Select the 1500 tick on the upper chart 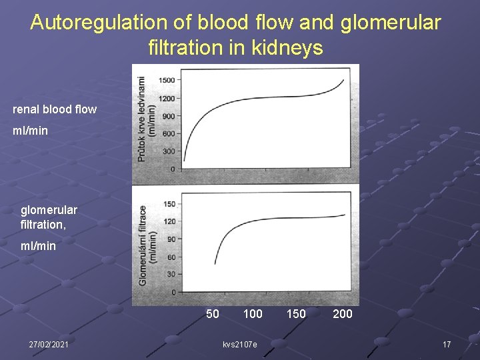coord(167,81)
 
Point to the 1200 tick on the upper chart coord(167,99)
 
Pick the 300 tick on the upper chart coord(169,151)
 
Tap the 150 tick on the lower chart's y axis coord(169,204)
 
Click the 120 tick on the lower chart coord(169,221)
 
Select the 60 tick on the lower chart coord(171,257)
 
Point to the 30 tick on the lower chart coord(171,274)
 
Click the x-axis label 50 coord(213,313)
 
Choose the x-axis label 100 coord(253,313)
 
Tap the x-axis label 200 coord(343,313)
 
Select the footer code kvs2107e coord(240,343)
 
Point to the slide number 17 coord(447,343)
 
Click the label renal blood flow coord(55,109)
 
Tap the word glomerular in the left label coord(49,210)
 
